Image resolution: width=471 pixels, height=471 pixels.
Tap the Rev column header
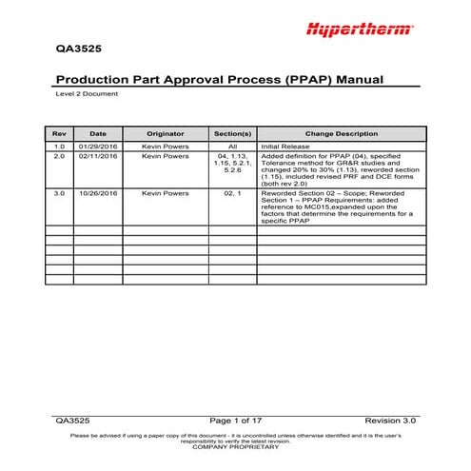pyautogui.click(x=58, y=134)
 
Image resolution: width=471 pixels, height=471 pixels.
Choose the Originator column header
pyautogui.click(x=165, y=134)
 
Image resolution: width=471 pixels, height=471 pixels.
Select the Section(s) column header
pyautogui.click(x=232, y=134)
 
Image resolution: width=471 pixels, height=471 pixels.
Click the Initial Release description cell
pyautogui.click(x=297, y=147)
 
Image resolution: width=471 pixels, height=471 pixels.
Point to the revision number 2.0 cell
pyautogui.click(x=58, y=156)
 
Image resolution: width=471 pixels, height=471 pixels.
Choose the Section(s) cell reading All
pyautogui.click(x=232, y=147)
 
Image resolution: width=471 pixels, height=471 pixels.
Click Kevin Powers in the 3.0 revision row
pyautogui.click(x=165, y=192)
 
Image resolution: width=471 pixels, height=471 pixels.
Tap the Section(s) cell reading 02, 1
pyautogui.click(x=232, y=192)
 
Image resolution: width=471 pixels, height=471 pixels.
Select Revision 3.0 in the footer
pyautogui.click(x=390, y=420)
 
